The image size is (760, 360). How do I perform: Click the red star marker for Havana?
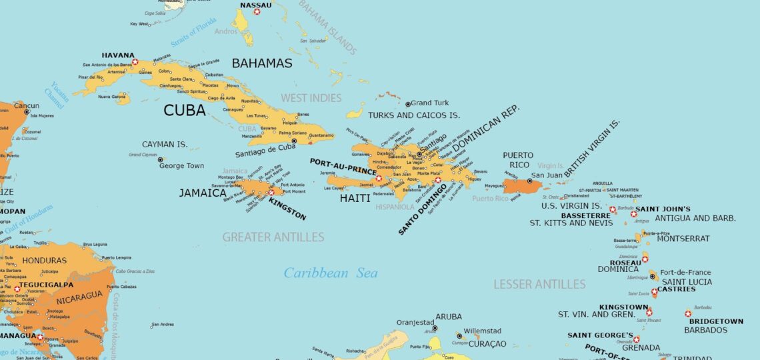point(135,62)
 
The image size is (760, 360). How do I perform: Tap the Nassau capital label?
point(255,5)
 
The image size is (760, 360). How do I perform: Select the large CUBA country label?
point(185,111)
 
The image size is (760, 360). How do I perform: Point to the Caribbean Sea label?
point(330,273)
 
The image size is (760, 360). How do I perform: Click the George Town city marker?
point(161,159)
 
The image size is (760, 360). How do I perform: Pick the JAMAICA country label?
point(203,193)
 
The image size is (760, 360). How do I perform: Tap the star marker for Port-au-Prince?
point(379,179)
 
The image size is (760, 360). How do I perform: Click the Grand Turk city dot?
point(408,104)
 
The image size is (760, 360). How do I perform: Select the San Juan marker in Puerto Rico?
point(530,181)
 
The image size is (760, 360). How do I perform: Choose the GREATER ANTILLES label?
point(273,237)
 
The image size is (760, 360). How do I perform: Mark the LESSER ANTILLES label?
point(539,285)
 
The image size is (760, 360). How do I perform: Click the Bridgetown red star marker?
point(687,313)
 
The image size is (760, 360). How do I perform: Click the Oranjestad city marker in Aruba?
point(434,328)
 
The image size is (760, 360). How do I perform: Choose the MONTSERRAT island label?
point(683,239)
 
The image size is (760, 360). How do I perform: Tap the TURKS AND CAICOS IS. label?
point(414,115)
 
